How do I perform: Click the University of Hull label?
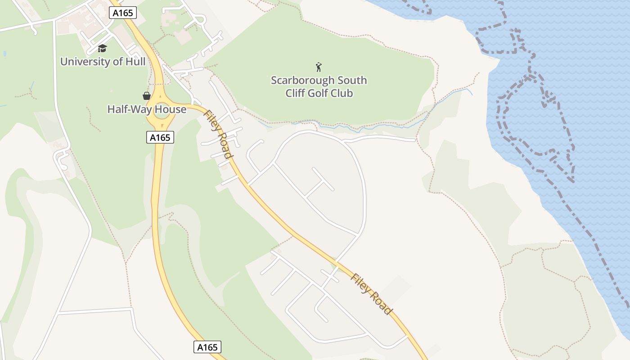click(x=103, y=61)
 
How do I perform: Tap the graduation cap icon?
click(x=103, y=48)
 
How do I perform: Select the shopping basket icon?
click(x=147, y=95)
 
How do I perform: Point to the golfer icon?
click(x=319, y=67)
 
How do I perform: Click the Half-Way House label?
click(x=147, y=109)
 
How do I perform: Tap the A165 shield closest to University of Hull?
click(x=123, y=13)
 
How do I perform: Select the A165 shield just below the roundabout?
click(x=160, y=137)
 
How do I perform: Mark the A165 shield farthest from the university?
click(x=208, y=347)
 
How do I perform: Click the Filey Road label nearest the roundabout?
click(x=219, y=135)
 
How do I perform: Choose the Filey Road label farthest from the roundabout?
click(x=371, y=294)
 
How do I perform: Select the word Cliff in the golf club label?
click(x=295, y=93)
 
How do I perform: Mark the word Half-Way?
click(x=129, y=109)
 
